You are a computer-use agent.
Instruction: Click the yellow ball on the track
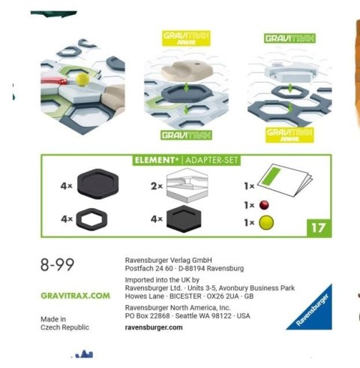tap(82, 80)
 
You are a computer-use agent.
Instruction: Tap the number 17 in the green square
tap(319, 228)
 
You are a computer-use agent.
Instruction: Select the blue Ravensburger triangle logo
tap(311, 309)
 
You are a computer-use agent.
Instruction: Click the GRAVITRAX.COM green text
tap(75, 296)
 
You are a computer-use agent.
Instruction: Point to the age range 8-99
tap(57, 264)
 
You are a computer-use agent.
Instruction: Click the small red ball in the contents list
tap(264, 205)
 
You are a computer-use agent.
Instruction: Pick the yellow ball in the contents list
tap(266, 222)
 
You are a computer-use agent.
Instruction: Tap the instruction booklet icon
tap(285, 180)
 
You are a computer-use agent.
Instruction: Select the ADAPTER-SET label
tap(211, 160)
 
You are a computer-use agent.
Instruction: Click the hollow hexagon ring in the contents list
tap(91, 219)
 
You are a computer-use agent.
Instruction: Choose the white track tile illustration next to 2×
tap(187, 186)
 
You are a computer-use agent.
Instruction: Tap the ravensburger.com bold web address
tap(154, 327)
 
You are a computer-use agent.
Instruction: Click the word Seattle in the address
tap(186, 315)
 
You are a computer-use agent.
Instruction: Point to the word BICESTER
tap(185, 296)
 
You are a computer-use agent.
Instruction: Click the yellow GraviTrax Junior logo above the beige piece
tap(186, 38)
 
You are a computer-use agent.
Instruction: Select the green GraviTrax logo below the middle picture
tap(186, 135)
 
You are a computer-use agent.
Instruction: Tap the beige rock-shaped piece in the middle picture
tap(187, 70)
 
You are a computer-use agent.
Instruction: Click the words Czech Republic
tap(64, 327)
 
